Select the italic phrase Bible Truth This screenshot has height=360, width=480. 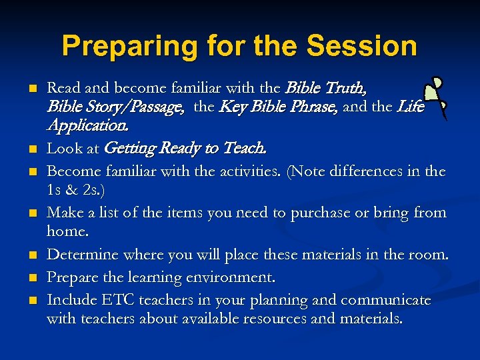click(325, 88)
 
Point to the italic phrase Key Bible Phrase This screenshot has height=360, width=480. click(278, 106)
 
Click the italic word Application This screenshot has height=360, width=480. click(89, 125)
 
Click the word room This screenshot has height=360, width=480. click(429, 254)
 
